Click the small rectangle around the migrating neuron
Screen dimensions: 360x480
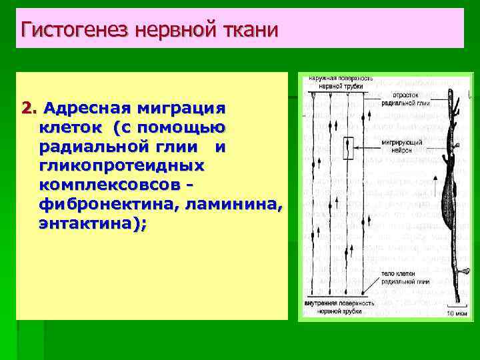[x=349, y=149]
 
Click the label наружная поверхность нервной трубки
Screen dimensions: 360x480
[x=339, y=82]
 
